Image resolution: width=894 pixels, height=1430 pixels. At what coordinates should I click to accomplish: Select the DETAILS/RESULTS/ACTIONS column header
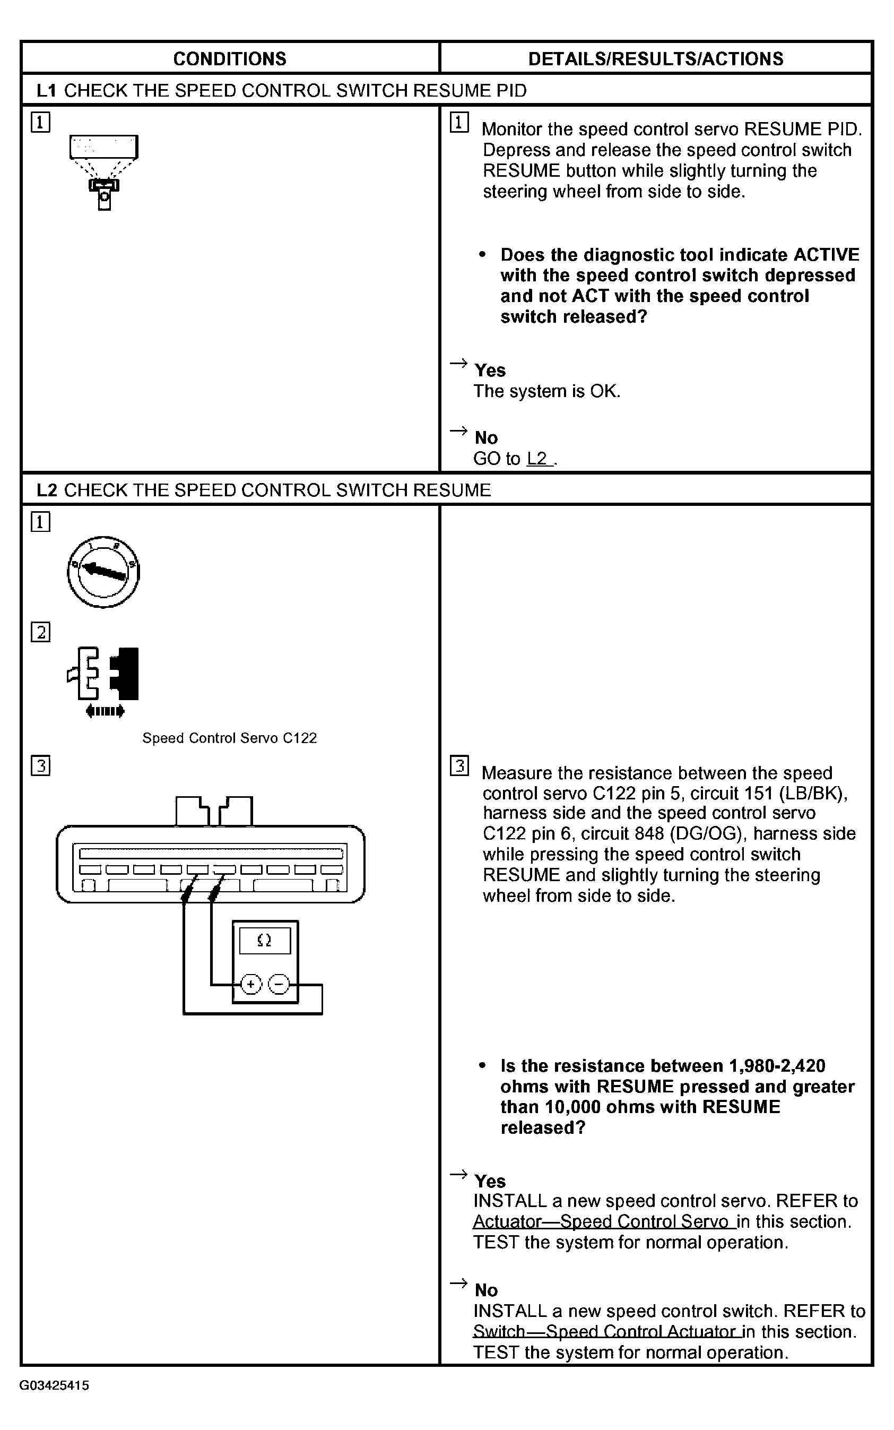[655, 58]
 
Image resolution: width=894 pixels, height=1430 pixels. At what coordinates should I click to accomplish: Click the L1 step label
[46, 90]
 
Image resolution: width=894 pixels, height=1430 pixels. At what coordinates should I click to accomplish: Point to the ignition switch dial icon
[103, 572]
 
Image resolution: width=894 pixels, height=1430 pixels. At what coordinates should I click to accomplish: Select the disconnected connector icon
[104, 680]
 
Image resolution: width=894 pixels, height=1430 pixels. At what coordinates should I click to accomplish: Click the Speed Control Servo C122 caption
[229, 738]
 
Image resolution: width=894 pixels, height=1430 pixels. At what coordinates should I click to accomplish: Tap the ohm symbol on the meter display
[264, 940]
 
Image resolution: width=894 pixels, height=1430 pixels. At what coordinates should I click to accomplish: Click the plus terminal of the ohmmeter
[251, 984]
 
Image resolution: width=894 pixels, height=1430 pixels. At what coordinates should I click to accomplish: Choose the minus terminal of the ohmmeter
[279, 984]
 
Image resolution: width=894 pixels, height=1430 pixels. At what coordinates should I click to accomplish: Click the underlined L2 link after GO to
[538, 459]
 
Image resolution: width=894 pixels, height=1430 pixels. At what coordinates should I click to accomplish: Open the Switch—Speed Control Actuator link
[605, 1331]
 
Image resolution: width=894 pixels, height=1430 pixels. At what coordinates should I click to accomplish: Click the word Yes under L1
[490, 371]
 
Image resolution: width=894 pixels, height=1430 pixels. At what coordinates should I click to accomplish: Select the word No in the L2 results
[486, 1290]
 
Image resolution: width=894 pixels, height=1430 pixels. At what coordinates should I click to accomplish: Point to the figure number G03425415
[55, 1385]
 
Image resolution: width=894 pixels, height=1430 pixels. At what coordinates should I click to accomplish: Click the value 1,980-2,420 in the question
[777, 1066]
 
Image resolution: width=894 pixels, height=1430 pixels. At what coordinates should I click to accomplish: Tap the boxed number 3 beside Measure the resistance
[459, 766]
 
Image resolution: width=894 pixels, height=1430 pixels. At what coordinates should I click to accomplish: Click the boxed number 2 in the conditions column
[40, 632]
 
